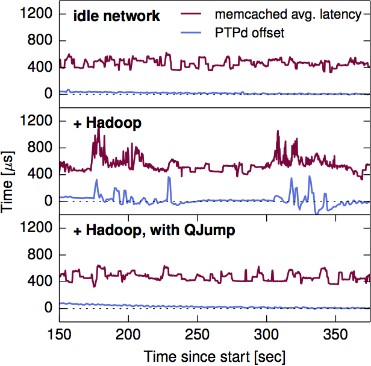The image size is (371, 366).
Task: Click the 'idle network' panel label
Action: [x=117, y=16]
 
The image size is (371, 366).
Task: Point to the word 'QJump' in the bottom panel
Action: [x=193, y=230]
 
